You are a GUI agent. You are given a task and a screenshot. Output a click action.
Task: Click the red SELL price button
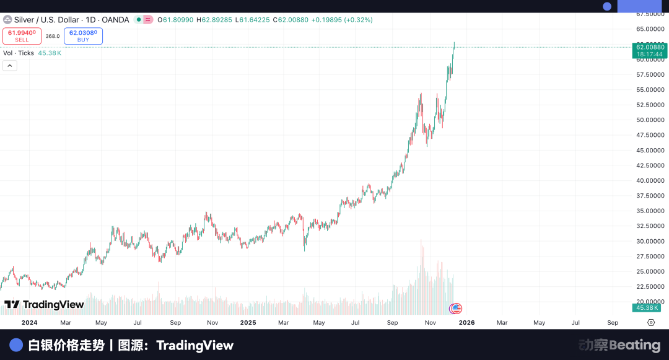(22, 36)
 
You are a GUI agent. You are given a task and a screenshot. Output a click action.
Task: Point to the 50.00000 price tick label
(650, 120)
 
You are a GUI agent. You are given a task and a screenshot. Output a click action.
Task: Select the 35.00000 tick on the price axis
(650, 211)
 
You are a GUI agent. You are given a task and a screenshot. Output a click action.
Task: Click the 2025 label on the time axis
(248, 323)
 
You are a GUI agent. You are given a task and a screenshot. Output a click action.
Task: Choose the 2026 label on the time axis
(466, 323)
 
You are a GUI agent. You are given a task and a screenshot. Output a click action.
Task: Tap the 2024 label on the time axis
(30, 323)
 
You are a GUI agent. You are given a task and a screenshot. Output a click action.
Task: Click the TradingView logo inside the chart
(44, 305)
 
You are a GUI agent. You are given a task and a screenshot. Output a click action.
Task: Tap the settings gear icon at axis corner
(651, 323)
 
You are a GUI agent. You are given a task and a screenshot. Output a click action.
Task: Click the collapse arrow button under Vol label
(10, 66)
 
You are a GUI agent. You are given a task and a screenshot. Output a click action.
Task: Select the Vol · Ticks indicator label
(19, 53)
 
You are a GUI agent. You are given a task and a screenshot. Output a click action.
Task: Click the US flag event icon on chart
(456, 308)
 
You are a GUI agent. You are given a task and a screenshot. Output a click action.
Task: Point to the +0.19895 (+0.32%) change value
(341, 20)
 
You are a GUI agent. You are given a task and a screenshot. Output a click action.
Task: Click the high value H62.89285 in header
(214, 20)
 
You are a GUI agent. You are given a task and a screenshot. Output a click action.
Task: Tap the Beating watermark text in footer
(635, 345)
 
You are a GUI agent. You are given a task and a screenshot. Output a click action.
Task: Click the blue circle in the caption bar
(17, 345)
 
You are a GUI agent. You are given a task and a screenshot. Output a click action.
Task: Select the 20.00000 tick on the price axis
(650, 301)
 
